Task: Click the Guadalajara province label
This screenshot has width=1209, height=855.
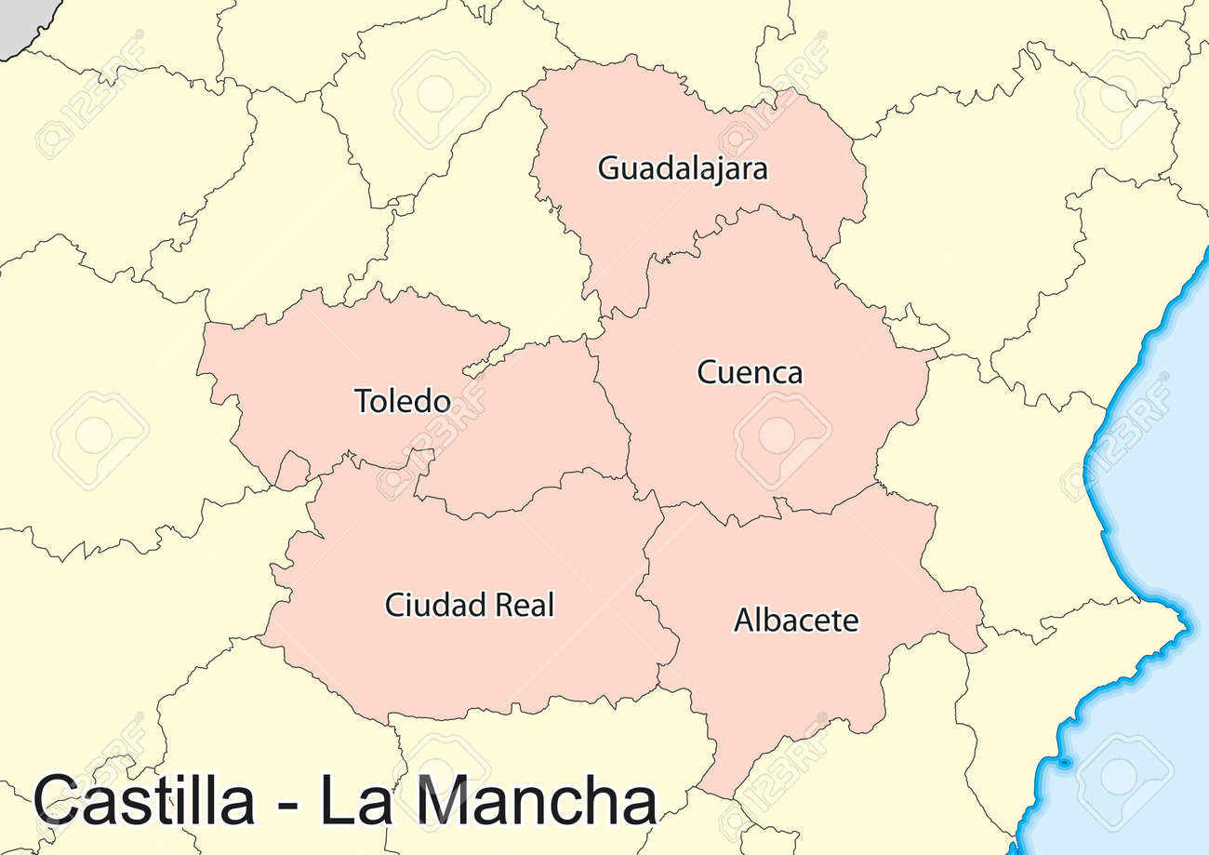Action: coord(683,169)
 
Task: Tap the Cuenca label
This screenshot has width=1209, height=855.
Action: coord(750,373)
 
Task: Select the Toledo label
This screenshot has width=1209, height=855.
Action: coord(403,401)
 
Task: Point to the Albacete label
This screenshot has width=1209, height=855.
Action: coord(796,620)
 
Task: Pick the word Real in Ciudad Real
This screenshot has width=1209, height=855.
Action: coord(525,606)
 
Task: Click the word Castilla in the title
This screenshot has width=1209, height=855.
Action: coord(143,799)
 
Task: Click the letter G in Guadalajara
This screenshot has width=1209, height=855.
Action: coord(607,169)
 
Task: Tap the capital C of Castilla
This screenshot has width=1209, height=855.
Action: coord(59,799)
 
